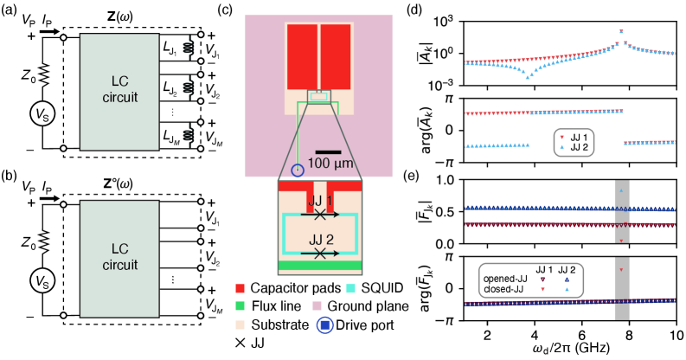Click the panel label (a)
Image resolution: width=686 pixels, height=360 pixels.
tap(10, 10)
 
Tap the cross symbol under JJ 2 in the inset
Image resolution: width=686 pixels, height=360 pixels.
tap(321, 254)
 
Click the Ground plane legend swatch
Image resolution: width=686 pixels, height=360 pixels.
tap(324, 299)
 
